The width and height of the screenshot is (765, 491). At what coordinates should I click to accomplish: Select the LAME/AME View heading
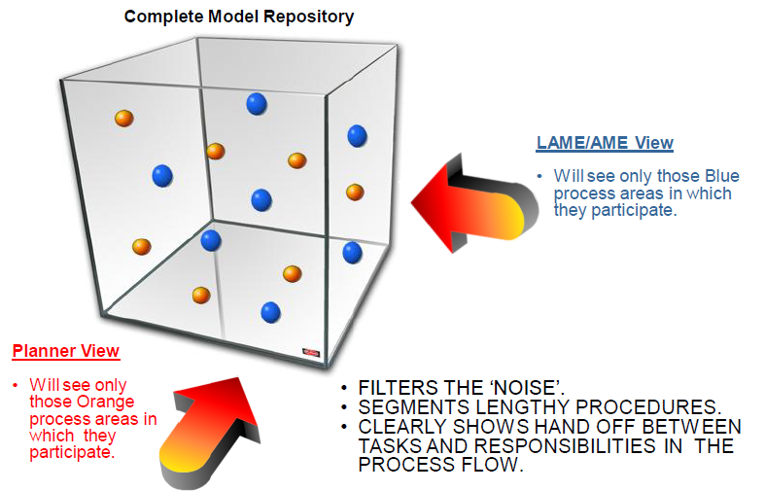[x=605, y=143]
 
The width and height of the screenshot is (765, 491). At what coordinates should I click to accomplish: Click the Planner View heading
[x=65, y=351]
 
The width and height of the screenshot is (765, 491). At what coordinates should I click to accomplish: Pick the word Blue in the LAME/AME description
[x=721, y=176]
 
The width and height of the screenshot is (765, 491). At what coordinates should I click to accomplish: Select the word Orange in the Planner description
[x=109, y=403]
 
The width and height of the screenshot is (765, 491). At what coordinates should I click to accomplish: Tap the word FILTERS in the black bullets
[x=398, y=385]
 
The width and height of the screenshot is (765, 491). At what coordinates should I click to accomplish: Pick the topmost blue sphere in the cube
[x=257, y=102]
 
